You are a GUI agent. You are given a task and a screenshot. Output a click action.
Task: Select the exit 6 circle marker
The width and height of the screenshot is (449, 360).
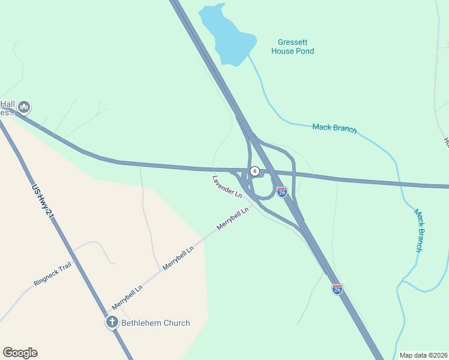[255, 171]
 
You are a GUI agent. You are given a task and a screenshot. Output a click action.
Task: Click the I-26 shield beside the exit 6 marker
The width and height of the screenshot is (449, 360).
[282, 191]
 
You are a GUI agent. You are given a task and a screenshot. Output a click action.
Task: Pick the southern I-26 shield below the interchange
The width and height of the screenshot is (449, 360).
[337, 289]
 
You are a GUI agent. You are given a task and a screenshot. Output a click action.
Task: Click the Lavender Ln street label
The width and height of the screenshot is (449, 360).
[227, 187]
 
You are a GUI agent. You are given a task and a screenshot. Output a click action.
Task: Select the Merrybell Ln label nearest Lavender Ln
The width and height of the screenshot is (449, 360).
[233, 218]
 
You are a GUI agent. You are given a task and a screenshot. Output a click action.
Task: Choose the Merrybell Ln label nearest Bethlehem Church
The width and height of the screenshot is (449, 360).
[127, 298]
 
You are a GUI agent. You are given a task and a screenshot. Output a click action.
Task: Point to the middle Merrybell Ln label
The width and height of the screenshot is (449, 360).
[178, 257]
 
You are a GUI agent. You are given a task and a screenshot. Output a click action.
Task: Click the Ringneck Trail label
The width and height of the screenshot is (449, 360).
[53, 273]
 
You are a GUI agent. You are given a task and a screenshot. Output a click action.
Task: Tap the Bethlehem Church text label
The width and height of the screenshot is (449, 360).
[155, 323]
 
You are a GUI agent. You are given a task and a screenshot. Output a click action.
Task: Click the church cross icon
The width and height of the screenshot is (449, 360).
[112, 322]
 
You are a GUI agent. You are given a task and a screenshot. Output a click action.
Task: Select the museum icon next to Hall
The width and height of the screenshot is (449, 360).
[24, 107]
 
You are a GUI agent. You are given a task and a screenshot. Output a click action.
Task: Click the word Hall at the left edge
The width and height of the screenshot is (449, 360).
[7, 103]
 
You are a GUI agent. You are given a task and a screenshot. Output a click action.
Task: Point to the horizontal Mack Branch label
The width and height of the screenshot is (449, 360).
[334, 128]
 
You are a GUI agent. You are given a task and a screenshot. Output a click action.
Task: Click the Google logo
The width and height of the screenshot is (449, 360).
[20, 353]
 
